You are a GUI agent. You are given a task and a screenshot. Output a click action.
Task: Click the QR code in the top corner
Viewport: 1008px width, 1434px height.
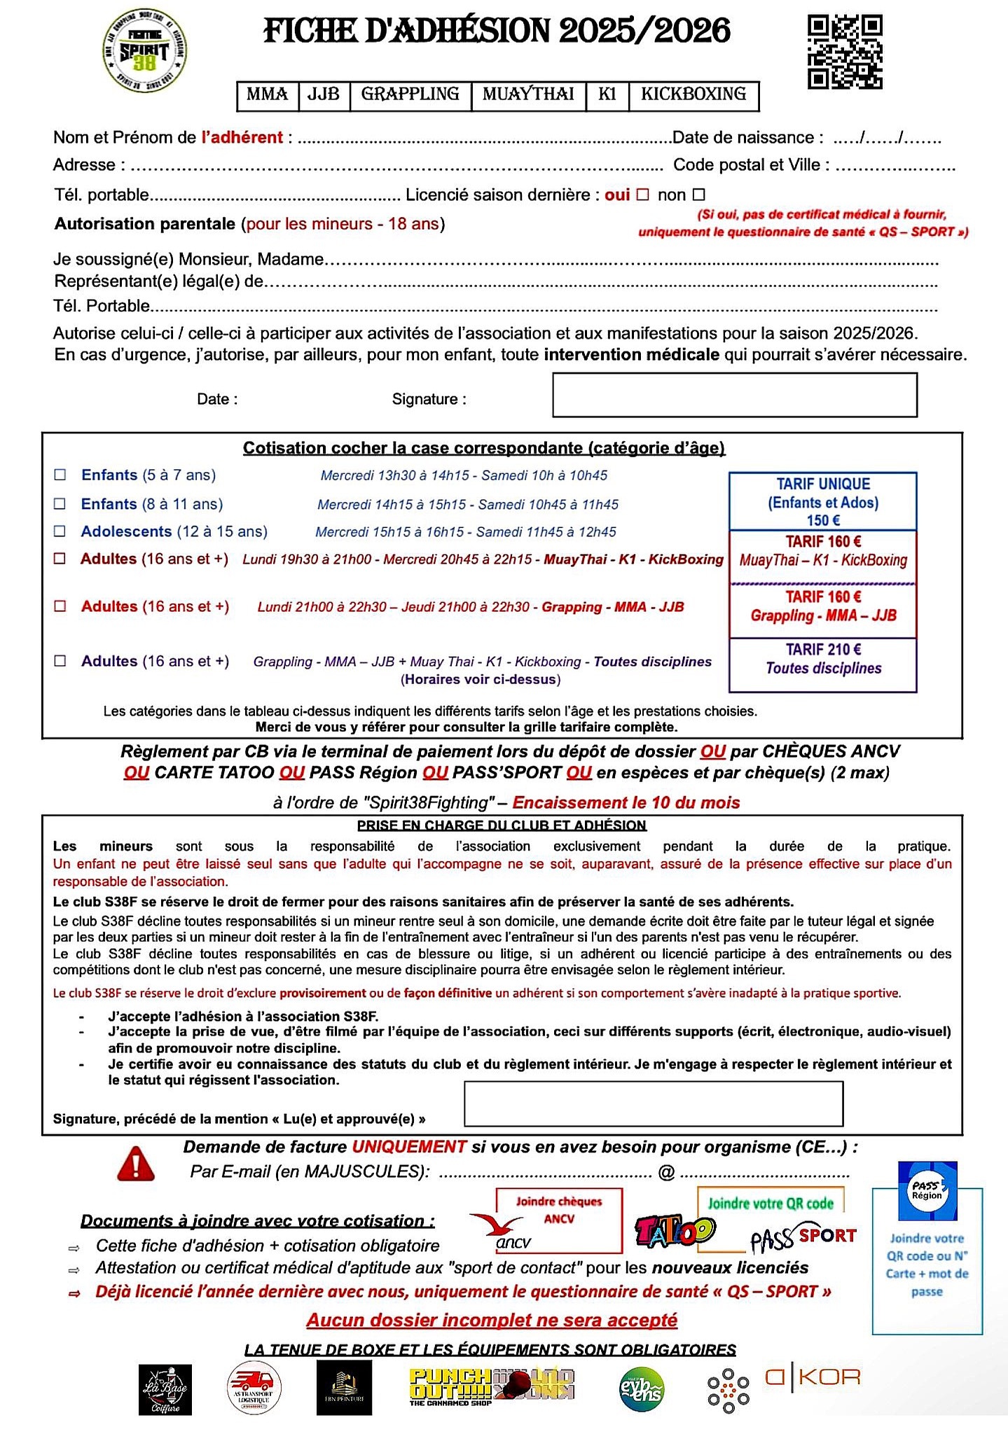[845, 53]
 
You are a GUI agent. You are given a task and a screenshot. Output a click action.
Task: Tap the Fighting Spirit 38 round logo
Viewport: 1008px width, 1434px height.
[144, 51]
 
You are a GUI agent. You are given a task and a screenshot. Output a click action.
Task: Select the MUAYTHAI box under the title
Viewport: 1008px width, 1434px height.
[528, 95]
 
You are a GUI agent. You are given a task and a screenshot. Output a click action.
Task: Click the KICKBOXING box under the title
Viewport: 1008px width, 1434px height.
[693, 95]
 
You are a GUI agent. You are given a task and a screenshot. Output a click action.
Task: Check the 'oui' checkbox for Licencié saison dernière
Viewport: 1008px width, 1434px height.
[642, 195]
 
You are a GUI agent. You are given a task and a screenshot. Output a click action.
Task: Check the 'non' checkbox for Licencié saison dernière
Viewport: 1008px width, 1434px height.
[698, 195]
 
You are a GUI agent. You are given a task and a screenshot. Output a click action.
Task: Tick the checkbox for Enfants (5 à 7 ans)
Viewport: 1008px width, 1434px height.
[60, 475]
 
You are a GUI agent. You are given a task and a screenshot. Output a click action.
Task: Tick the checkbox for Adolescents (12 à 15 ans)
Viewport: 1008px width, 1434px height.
[60, 531]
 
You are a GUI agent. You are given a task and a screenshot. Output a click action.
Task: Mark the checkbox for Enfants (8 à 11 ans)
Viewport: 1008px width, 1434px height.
[60, 504]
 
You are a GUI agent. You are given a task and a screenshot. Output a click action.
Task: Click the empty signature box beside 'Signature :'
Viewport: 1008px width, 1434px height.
[734, 395]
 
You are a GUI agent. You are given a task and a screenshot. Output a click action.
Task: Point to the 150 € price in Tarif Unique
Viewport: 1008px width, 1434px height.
[823, 520]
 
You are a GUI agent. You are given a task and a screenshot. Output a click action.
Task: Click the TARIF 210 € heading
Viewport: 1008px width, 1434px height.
[823, 649]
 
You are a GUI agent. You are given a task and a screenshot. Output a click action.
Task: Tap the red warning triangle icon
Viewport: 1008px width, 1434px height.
[136, 1164]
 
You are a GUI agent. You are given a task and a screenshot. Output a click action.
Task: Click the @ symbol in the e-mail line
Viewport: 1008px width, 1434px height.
[666, 1172]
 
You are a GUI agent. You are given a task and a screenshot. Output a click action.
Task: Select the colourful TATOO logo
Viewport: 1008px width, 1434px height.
[675, 1232]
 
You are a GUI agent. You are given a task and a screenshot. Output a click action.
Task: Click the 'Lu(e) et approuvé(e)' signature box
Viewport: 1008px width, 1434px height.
[653, 1104]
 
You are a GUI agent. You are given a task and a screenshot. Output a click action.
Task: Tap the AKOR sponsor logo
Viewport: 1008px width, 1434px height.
[813, 1377]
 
